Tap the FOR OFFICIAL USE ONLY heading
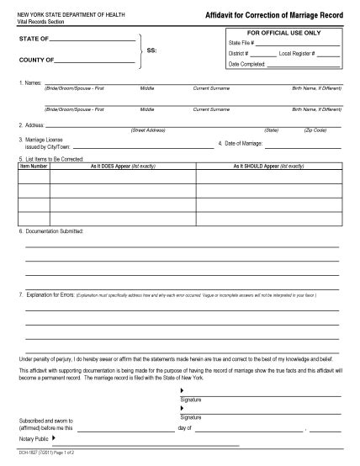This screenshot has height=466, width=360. click(x=283, y=32)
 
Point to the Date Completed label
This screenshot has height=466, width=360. click(x=246, y=64)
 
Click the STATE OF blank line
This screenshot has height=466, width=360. click(x=92, y=40)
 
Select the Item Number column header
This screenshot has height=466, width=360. click(x=34, y=167)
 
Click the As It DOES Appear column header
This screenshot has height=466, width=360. click(x=123, y=167)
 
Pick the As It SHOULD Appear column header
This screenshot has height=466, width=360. click(x=268, y=167)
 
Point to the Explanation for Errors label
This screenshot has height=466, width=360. click(x=46, y=296)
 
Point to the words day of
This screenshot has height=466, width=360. click(x=186, y=427)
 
